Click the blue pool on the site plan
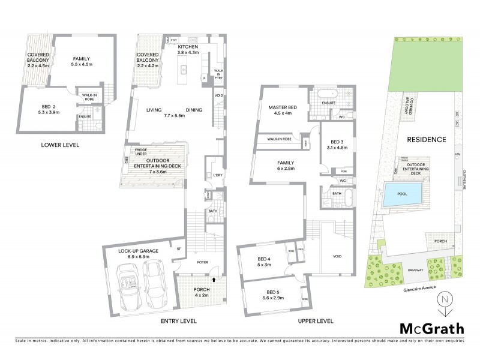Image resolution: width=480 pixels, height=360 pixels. pyautogui.click(x=403, y=194)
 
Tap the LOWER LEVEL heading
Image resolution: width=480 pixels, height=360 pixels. pyautogui.click(x=59, y=145)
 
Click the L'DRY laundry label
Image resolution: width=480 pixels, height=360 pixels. pyautogui.click(x=216, y=175)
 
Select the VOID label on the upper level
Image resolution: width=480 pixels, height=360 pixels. pyautogui.click(x=338, y=256)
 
